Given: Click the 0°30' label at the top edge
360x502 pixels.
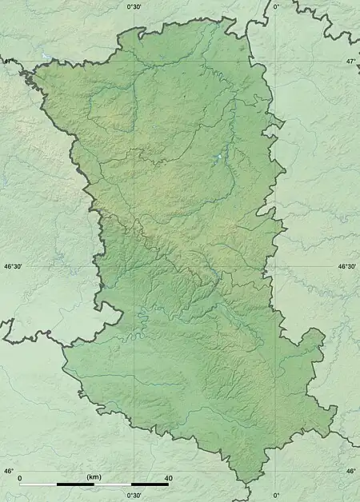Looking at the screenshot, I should pos(134,6).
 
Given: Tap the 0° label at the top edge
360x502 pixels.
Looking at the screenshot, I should pos(276,6).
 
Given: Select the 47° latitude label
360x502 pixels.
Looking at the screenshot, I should pos(350,61).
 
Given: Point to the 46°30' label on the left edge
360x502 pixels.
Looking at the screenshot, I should pos(14,267).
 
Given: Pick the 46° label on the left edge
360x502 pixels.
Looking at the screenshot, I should pos(9,471).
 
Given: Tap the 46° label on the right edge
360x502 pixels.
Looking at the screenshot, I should pos(351,471).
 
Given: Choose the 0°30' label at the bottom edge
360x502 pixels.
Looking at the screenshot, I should pos(134,496).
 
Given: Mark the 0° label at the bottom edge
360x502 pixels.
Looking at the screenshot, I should pos(276,496).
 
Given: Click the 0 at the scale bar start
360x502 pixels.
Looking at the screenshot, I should pos(19,477).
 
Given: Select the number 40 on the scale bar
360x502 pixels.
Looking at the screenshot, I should pos(167,477).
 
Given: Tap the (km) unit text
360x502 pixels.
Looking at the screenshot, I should pos(94,477).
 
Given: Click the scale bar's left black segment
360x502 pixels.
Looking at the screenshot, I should pos(75,484).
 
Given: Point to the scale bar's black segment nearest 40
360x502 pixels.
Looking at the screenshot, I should pos(150,484).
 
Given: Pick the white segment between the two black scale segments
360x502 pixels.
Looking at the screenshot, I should pos(113,484).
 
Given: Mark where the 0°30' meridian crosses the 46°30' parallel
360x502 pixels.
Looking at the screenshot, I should pos(134,266).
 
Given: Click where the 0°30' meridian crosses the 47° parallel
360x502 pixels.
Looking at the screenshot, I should pos(134,61).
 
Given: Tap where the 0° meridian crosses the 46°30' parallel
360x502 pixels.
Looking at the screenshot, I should pos(276,266).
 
